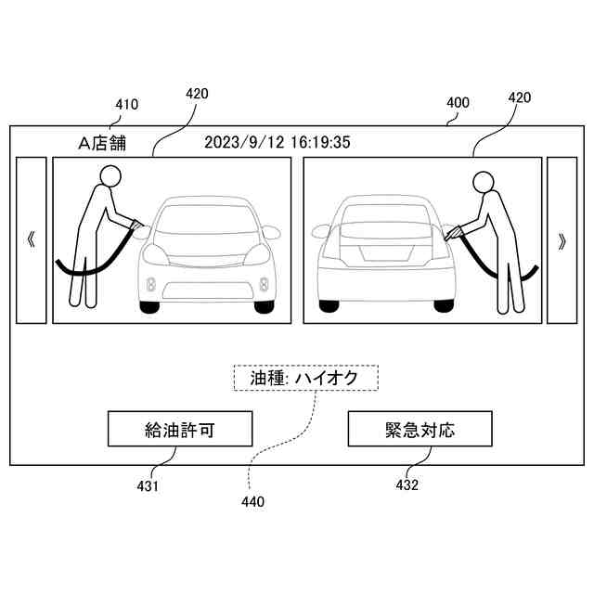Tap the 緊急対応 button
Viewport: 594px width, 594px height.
pos(420,430)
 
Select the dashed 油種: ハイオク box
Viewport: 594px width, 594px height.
pos(307,378)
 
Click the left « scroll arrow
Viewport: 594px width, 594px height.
pos(32,240)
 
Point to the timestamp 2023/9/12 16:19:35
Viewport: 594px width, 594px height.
pos(278,143)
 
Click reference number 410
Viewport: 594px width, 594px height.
pos(126,105)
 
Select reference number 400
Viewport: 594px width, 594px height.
pos(458,104)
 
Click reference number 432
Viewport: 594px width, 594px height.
pos(407,484)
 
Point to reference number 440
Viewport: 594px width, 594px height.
pos(252,502)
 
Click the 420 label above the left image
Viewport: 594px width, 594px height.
pos(197,94)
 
